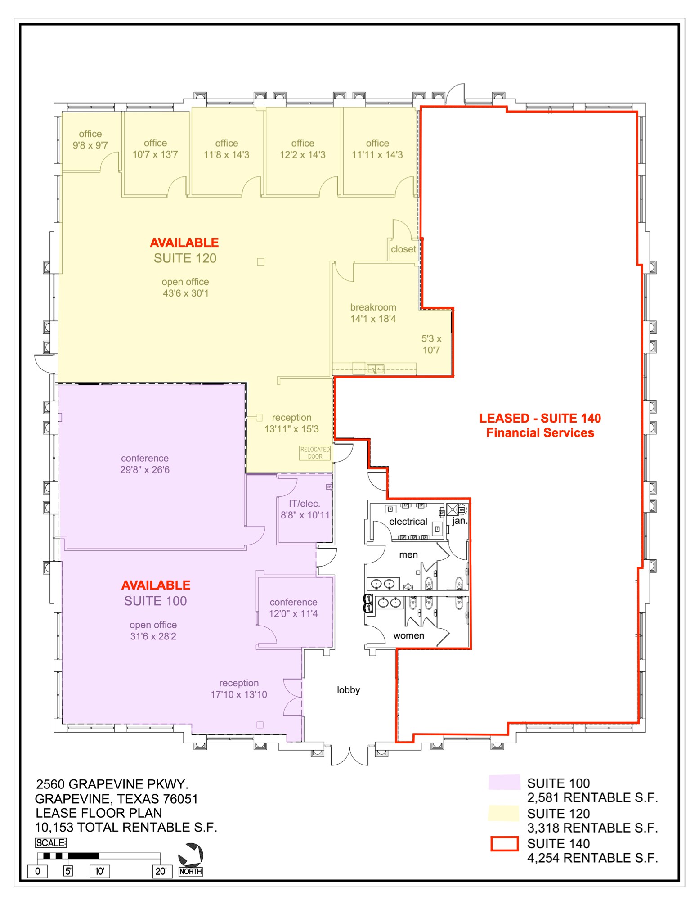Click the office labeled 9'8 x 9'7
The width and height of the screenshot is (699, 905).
[90, 140]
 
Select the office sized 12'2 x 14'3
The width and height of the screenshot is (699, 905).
[302, 149]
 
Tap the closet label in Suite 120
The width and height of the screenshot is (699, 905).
[403, 249]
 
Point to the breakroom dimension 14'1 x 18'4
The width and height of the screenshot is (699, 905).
[373, 319]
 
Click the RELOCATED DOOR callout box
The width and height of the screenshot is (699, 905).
[315, 453]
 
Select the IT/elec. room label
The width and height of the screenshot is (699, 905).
[305, 504]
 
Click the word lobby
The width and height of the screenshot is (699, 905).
[348, 690]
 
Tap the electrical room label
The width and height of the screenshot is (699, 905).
[408, 522]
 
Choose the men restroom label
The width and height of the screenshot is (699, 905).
[408, 555]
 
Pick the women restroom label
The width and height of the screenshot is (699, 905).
[408, 635]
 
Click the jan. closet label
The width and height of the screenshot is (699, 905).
[460, 521]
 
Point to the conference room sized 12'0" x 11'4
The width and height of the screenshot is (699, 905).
[293, 608]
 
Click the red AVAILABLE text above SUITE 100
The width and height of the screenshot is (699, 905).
[156, 585]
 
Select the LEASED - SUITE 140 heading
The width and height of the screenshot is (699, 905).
[540, 418]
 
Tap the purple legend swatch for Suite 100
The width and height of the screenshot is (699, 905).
[504, 783]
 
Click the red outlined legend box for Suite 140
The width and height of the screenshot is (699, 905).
[504, 844]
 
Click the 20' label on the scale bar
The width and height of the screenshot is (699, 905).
[161, 871]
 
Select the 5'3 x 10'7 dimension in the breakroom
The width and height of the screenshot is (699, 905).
[431, 344]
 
